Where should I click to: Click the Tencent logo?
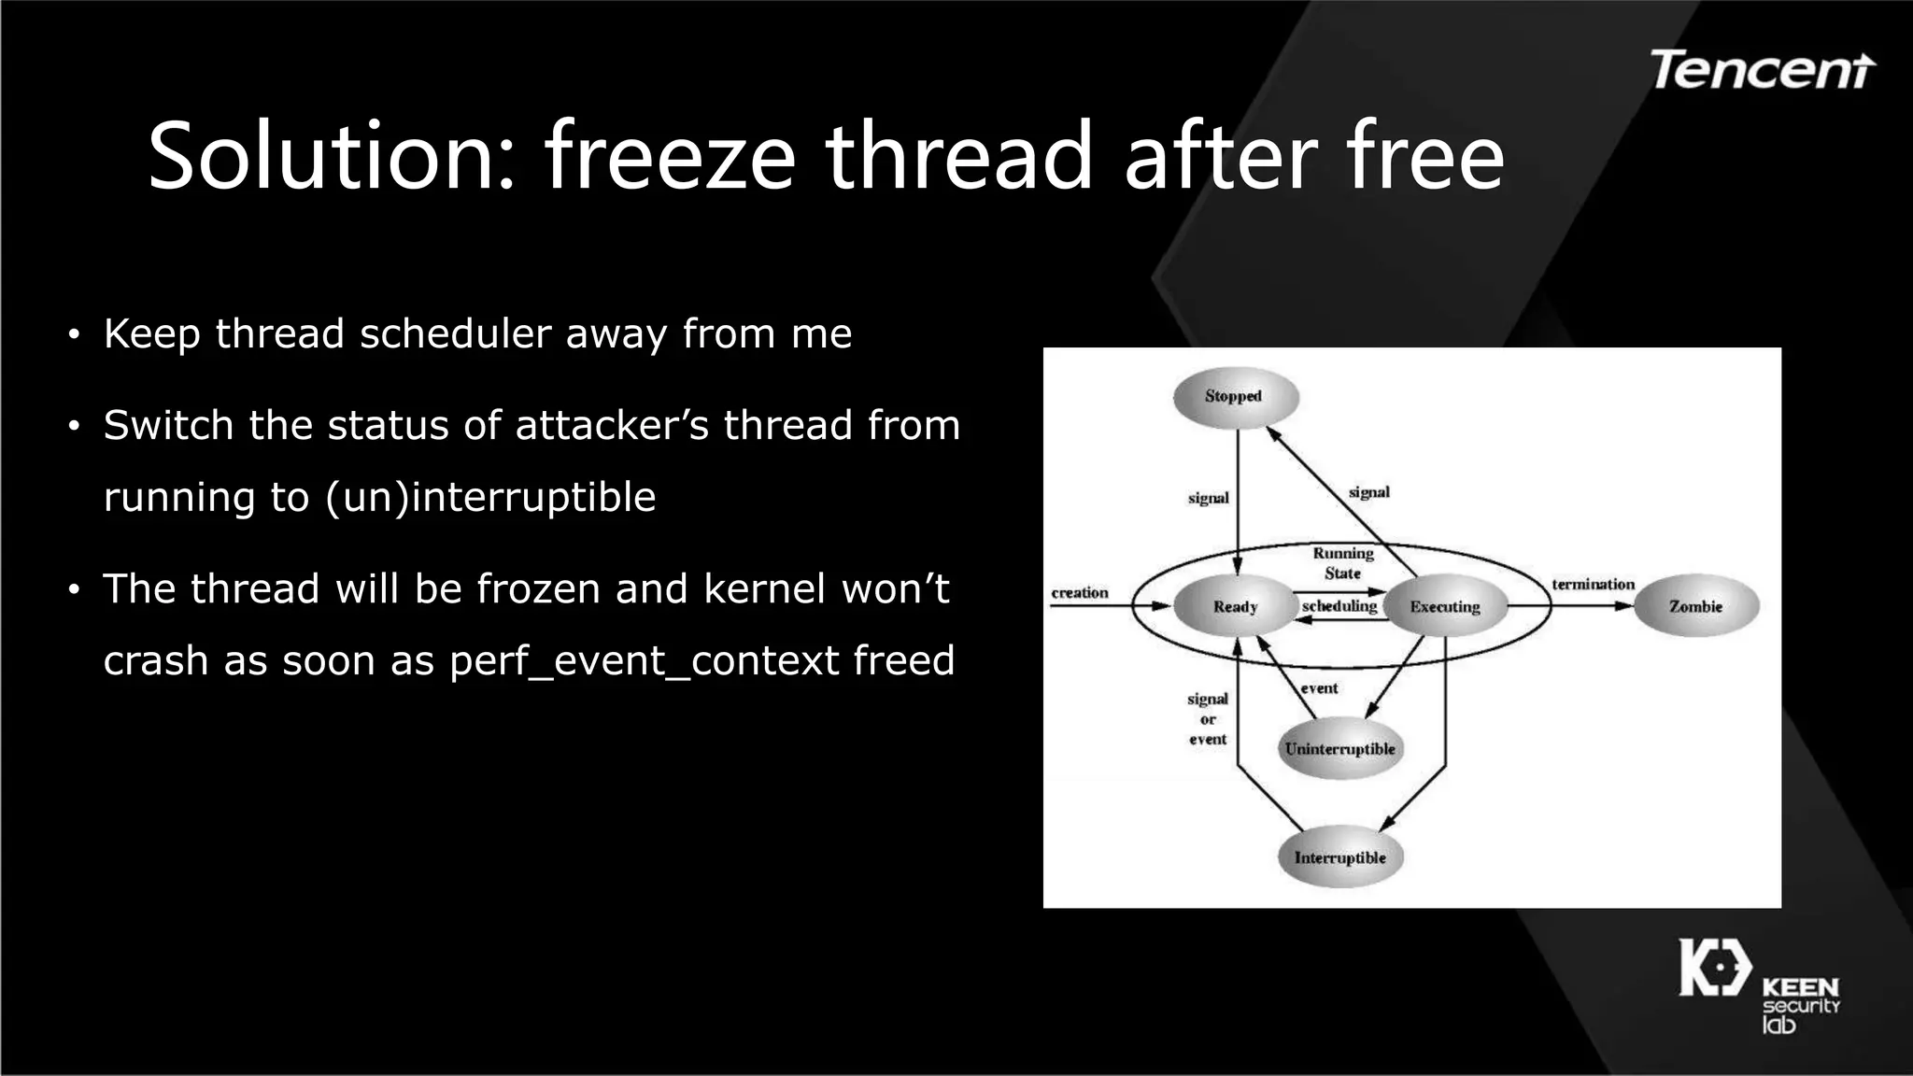tap(1762, 70)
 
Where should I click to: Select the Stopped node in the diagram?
tap(1235, 397)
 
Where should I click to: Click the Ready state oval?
tap(1235, 606)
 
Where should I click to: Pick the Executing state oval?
tap(1444, 606)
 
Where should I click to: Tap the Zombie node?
tap(1695, 606)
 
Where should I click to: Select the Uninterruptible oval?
tap(1339, 749)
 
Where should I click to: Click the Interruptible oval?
tap(1339, 857)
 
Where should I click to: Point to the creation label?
tap(1080, 592)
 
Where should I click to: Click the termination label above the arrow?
tap(1593, 584)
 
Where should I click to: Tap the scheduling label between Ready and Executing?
tap(1339, 606)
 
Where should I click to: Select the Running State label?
tap(1342, 563)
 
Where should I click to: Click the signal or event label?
tap(1207, 718)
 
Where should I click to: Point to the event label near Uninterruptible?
tap(1319, 688)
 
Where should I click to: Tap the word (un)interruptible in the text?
tap(490, 497)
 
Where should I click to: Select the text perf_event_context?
tap(645, 660)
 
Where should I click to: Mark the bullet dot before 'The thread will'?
tap(74, 590)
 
